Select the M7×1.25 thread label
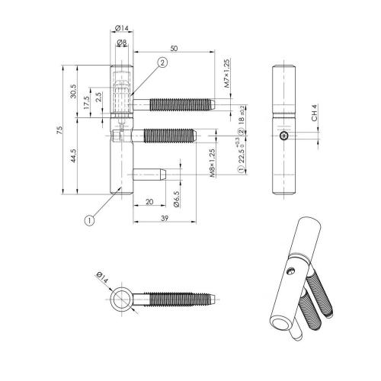[x=226, y=77]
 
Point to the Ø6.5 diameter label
[x=176, y=199]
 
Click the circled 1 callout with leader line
[x=89, y=221]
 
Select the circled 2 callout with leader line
[x=162, y=63]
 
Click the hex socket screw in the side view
[x=285, y=136]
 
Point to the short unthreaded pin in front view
[x=149, y=174]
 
